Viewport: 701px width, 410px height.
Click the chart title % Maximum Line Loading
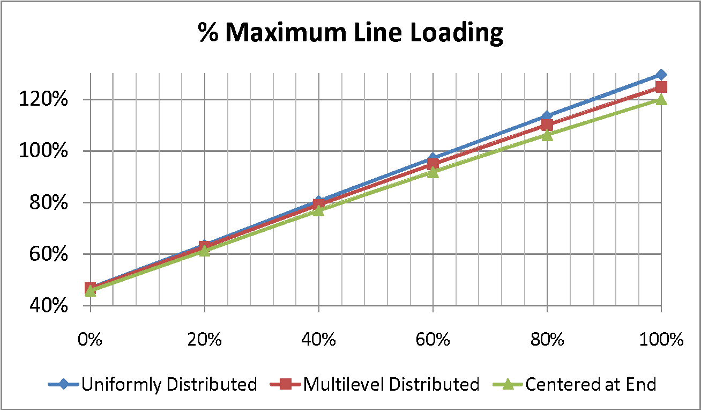[x=350, y=33]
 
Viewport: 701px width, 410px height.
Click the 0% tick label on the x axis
[x=90, y=340]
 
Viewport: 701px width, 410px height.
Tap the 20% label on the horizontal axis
[x=204, y=340]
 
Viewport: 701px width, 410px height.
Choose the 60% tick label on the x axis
[x=432, y=340]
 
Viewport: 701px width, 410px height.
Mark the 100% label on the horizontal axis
[x=661, y=340]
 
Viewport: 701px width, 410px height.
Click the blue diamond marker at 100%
[x=661, y=75]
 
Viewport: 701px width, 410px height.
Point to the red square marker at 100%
[x=661, y=87]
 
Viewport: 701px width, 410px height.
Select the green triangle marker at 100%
[x=661, y=99]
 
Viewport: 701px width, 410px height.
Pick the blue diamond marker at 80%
[x=547, y=116]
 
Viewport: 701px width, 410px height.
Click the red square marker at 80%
[x=547, y=125]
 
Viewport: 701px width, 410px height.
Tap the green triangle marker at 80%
[x=547, y=135]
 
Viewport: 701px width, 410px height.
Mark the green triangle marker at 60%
[x=432, y=172]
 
